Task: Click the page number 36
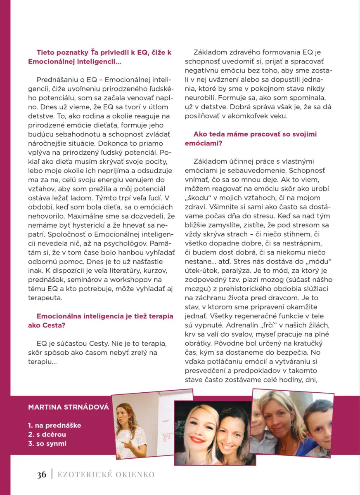point(41,474)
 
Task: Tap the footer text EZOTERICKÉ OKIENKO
point(106,475)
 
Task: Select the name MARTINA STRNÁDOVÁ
point(69,408)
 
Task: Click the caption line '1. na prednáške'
point(54,425)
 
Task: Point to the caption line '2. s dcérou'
point(47,434)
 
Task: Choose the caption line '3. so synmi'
point(47,444)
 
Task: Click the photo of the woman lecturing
point(140,425)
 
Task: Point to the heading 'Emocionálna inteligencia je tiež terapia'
point(105,316)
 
